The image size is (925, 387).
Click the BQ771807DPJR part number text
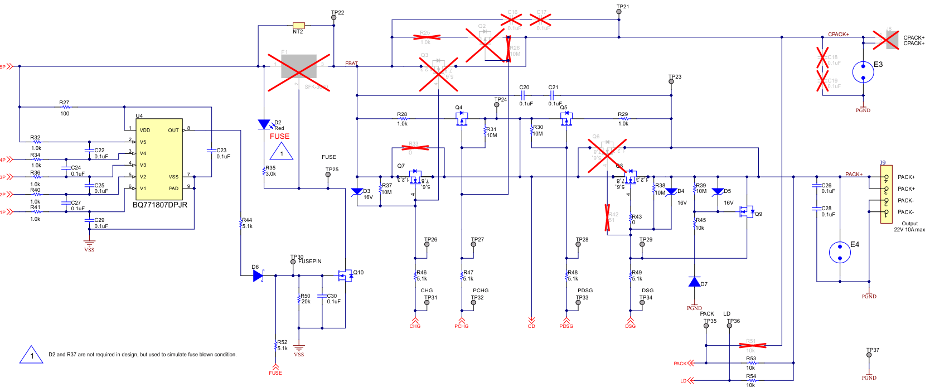(x=159, y=205)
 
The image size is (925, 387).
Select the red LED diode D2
(x=264, y=124)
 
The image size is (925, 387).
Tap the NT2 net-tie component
(x=299, y=25)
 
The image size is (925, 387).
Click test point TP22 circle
(x=334, y=18)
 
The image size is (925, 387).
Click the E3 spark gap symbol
(x=863, y=71)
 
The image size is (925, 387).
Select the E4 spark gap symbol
(x=840, y=252)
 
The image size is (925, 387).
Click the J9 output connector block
(x=886, y=194)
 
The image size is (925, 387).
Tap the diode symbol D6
(x=258, y=275)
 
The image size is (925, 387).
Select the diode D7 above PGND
(x=694, y=282)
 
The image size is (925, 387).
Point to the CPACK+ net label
(x=838, y=35)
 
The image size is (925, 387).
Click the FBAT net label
(x=351, y=64)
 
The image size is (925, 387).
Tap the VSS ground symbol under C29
(x=89, y=243)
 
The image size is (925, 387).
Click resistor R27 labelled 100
(x=65, y=107)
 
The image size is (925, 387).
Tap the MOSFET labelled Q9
(x=746, y=212)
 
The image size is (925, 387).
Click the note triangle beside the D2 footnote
(x=32, y=355)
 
